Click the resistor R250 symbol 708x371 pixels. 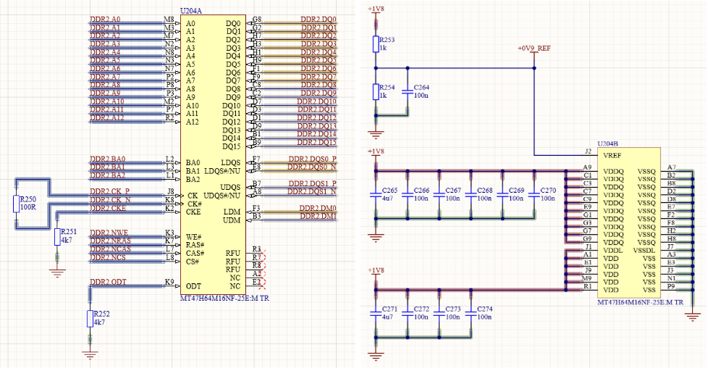pos(17,204)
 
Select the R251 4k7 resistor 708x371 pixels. pos(58,237)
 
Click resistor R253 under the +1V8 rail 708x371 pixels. pos(375,43)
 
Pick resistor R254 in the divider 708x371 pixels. pos(375,91)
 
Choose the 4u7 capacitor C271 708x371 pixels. pos(375,312)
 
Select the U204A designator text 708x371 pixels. pos(190,11)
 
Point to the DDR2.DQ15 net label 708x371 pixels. pos(317,142)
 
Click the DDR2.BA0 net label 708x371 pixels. pos(107,159)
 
